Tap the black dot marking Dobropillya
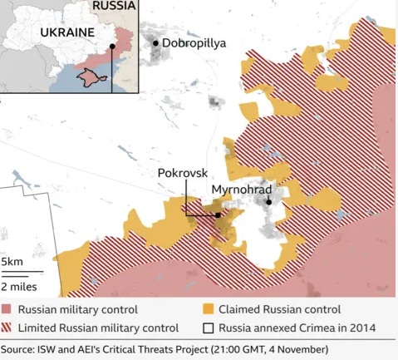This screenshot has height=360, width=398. click(x=155, y=43)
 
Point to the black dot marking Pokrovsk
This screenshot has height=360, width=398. click(x=218, y=215)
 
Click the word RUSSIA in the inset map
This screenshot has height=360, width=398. click(x=113, y=6)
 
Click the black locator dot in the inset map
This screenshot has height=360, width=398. click(x=111, y=47)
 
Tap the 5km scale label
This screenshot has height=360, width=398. click(x=12, y=262)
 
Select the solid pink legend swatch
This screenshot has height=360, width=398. click(x=7, y=309)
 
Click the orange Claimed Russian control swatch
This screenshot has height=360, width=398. click(x=209, y=309)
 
